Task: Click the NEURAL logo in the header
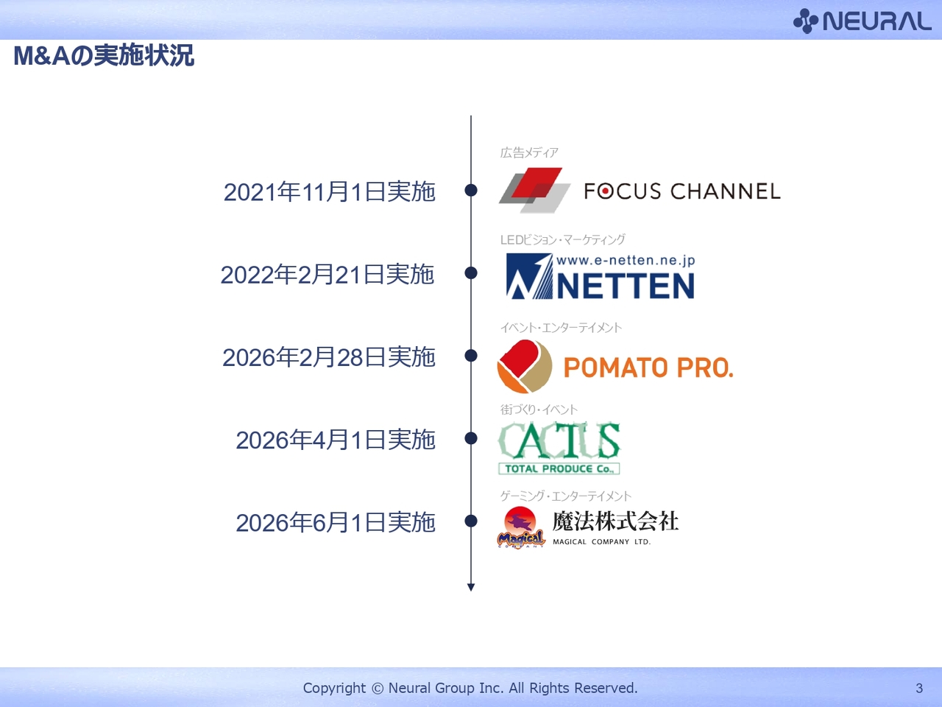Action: point(863,21)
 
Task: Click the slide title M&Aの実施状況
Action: point(104,55)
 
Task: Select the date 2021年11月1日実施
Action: point(329,191)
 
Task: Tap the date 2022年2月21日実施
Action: point(327,274)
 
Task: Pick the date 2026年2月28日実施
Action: point(329,357)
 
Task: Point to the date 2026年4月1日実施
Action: point(336,440)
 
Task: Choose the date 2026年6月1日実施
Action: point(336,523)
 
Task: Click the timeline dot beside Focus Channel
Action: point(471,190)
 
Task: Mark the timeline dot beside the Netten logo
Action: point(471,272)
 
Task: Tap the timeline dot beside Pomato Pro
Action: point(471,356)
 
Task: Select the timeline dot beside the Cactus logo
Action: point(471,438)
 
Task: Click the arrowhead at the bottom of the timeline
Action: point(471,587)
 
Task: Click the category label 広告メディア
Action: point(529,152)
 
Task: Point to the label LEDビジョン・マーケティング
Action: point(563,239)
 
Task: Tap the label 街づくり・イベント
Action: point(539,409)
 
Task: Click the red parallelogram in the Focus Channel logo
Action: point(537,183)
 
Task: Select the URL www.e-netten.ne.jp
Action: point(626,260)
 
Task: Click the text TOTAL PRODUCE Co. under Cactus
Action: point(559,469)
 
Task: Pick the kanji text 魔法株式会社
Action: point(615,521)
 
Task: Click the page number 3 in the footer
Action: point(919,688)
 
